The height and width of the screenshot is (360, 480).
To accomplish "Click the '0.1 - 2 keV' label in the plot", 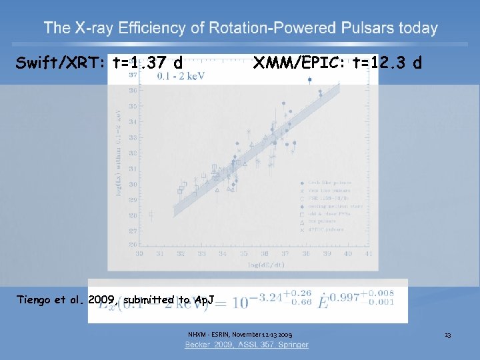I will [181, 76].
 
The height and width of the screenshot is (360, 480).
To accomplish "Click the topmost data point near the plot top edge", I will [309, 80].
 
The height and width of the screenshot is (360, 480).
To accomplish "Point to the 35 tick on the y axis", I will [133, 107].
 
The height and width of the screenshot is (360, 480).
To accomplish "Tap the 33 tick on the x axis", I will [139, 254].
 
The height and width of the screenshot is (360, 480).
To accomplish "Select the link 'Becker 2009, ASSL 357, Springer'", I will [247, 345].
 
